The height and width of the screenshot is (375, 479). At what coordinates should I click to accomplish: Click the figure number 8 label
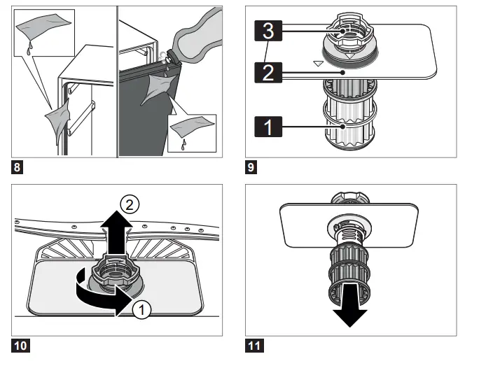(17, 168)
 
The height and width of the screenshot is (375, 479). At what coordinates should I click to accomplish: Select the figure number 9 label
(251, 168)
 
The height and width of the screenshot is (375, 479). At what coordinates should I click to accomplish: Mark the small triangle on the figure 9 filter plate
(319, 64)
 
